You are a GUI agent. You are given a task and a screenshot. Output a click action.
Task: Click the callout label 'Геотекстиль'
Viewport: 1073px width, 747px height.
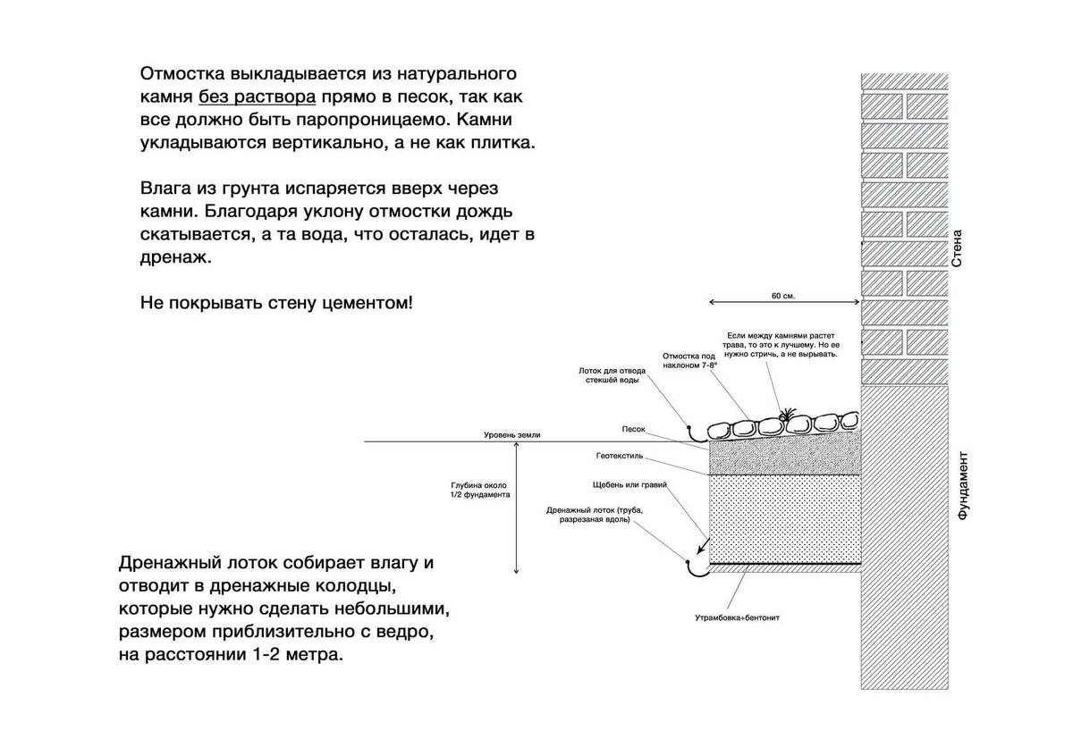tap(620, 456)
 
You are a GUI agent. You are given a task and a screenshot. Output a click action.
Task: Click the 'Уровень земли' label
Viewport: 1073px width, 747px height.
tap(512, 435)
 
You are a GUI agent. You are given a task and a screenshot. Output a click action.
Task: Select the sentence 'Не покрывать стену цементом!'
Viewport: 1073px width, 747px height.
tap(276, 303)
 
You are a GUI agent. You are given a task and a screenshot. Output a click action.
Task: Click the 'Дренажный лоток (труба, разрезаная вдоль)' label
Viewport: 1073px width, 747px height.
tap(595, 514)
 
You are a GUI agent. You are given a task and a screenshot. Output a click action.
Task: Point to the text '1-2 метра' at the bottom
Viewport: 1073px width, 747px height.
tap(300, 655)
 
